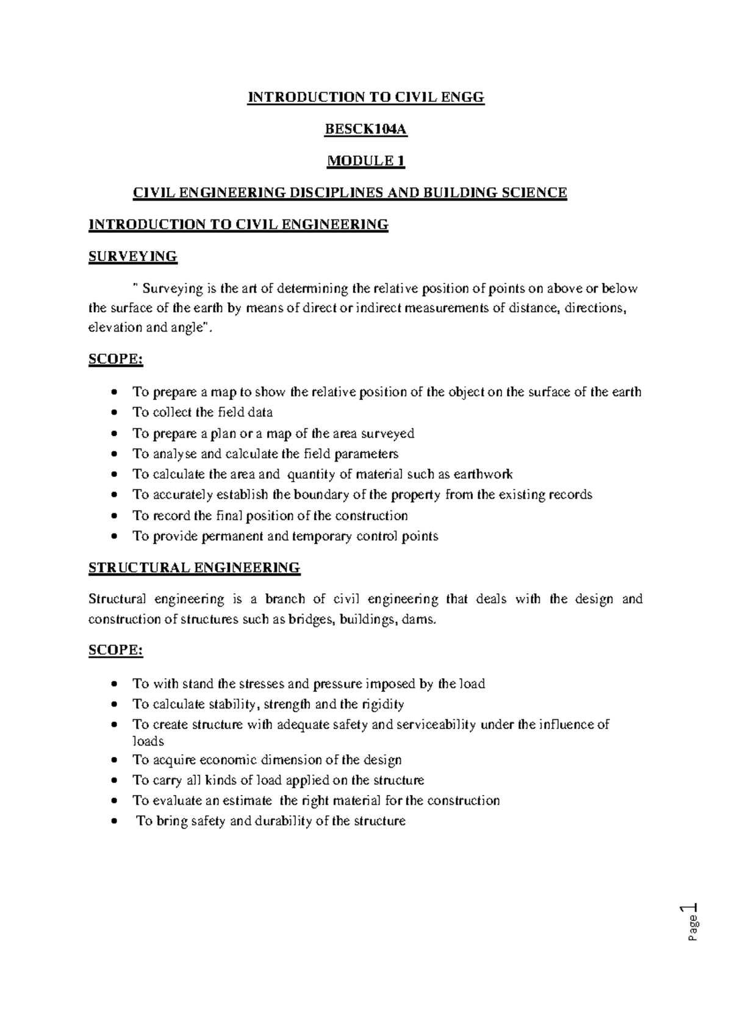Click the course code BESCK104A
(x=365, y=129)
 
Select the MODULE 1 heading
(x=365, y=161)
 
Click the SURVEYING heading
(x=133, y=257)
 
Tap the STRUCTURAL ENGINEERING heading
(x=195, y=568)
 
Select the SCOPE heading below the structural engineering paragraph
(x=116, y=651)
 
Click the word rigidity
(x=382, y=705)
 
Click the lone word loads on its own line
(x=148, y=741)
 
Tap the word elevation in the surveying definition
(x=114, y=327)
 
